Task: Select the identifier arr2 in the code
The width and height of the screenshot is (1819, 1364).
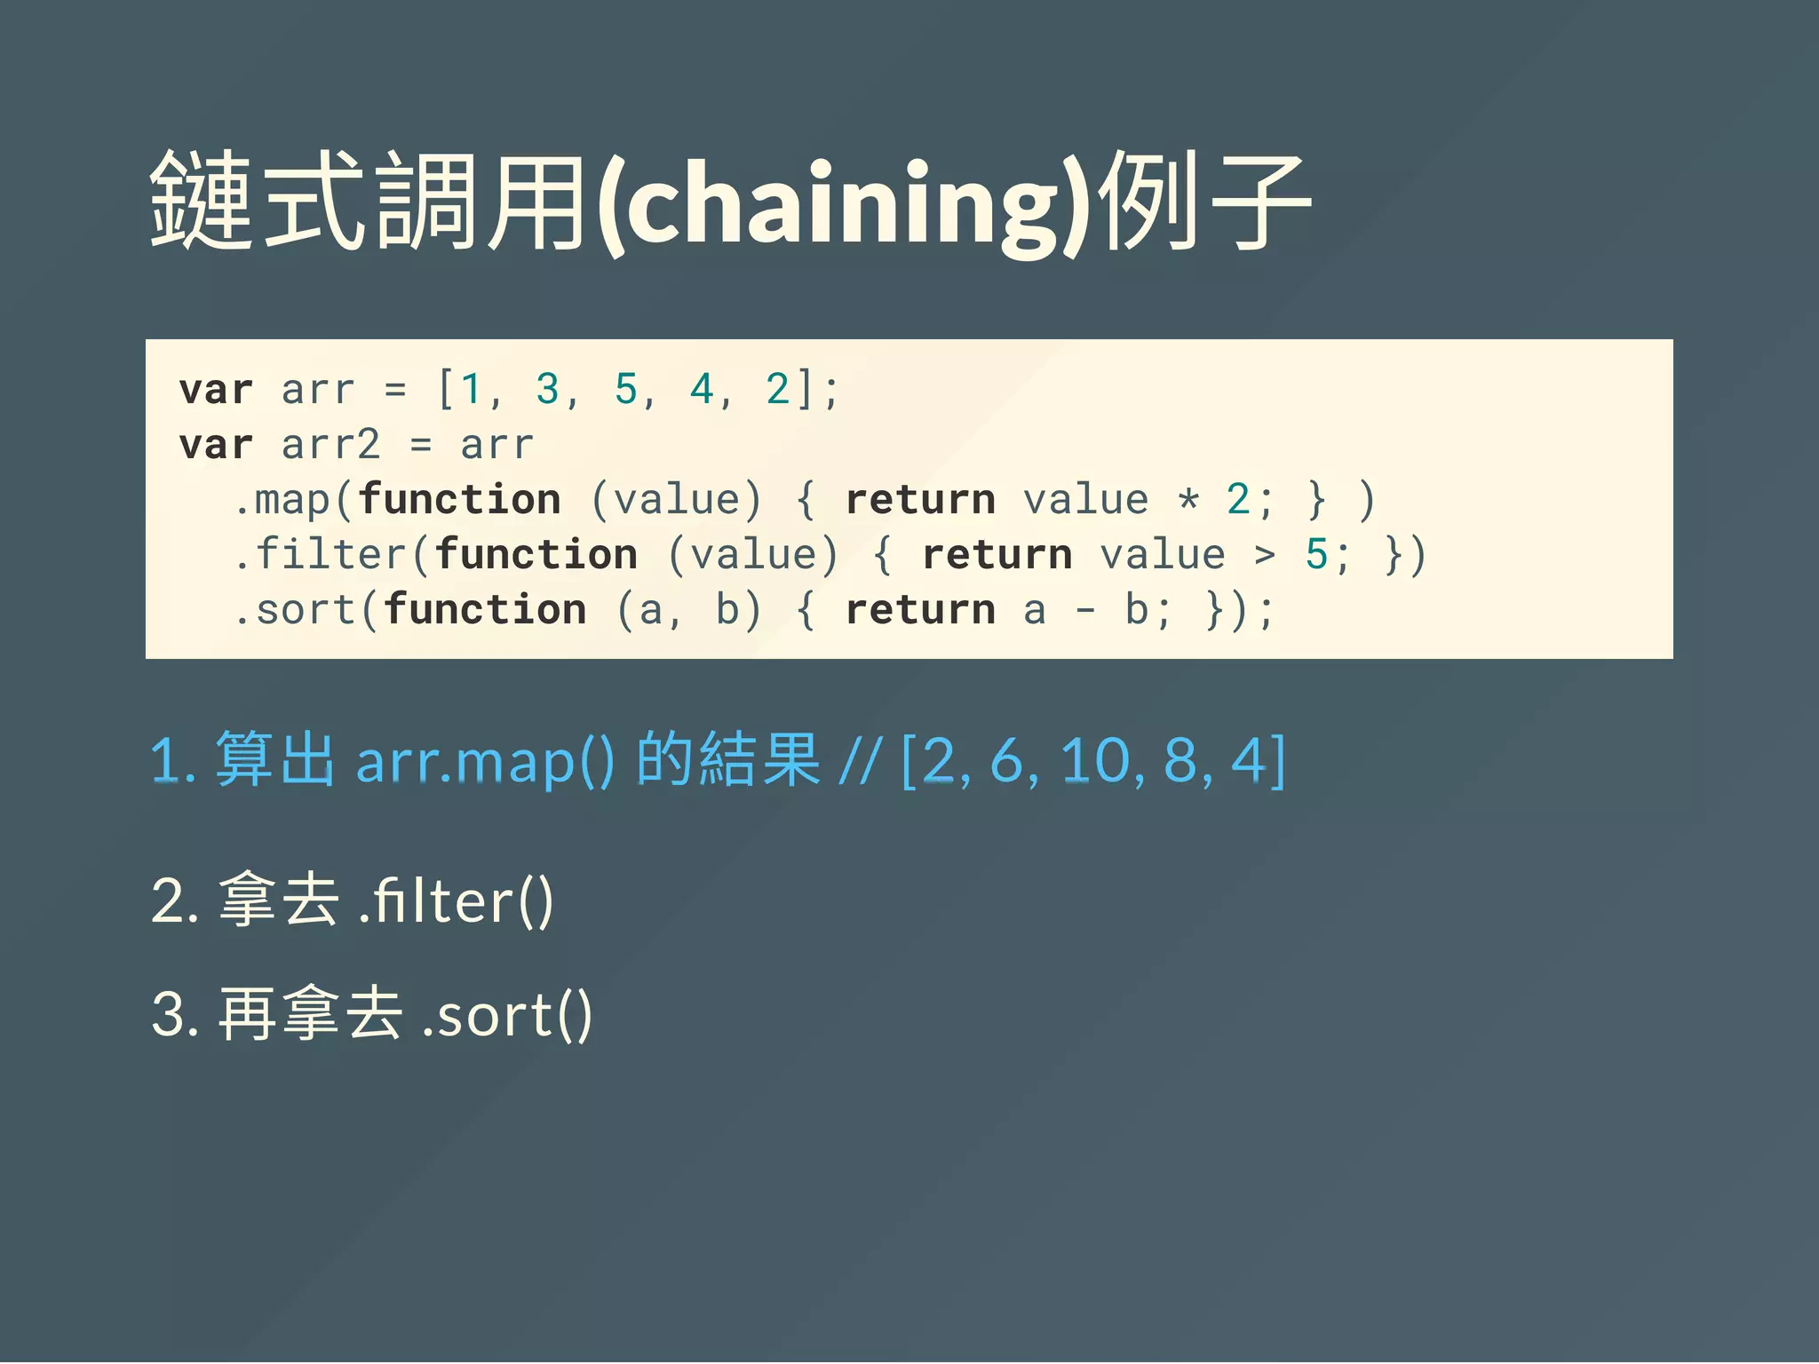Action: pyautogui.click(x=330, y=444)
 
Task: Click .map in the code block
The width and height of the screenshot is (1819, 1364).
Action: pyautogui.click(x=281, y=500)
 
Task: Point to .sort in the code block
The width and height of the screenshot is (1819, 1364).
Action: pyautogui.click(x=294, y=610)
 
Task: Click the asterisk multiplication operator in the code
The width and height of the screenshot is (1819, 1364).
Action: pyautogui.click(x=1188, y=500)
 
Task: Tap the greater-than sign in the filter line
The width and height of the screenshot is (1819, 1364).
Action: pyautogui.click(x=1265, y=555)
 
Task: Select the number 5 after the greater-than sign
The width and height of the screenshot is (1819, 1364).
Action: pyautogui.click(x=1316, y=555)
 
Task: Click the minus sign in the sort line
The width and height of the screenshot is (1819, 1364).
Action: pyautogui.click(x=1085, y=610)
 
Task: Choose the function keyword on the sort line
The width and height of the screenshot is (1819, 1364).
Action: pyautogui.click(x=485, y=610)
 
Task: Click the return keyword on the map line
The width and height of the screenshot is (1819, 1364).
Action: pyautogui.click(x=920, y=500)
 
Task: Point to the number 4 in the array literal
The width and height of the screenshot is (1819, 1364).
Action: pyautogui.click(x=702, y=389)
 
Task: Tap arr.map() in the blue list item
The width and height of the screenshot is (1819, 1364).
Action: pyautogui.click(x=484, y=761)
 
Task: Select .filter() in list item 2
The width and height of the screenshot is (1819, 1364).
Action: pyautogui.click(x=456, y=900)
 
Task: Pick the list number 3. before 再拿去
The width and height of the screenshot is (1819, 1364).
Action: pyautogui.click(x=175, y=1014)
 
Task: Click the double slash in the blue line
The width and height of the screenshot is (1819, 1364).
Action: pyautogui.click(x=860, y=761)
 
